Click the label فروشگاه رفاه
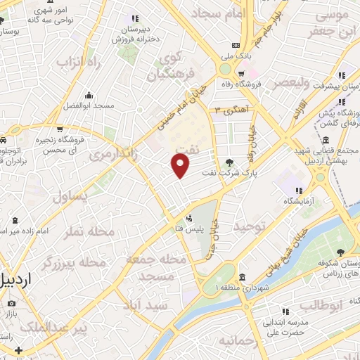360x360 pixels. coord(259,83)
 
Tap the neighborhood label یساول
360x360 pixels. coord(71,196)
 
